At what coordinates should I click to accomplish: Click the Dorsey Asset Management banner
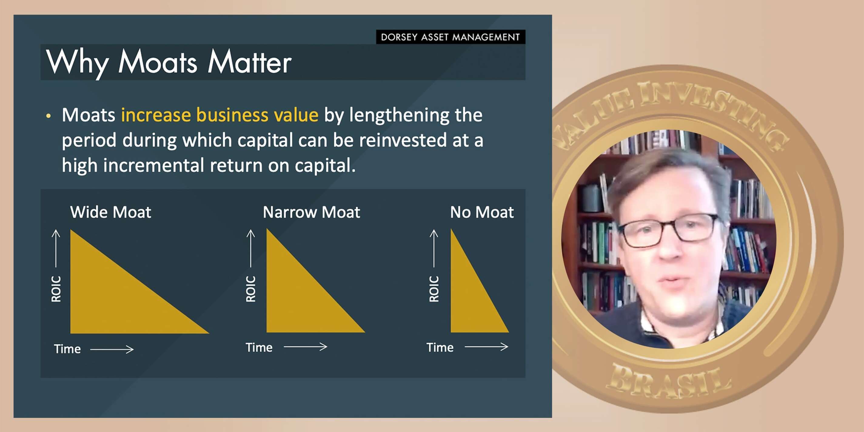(x=450, y=37)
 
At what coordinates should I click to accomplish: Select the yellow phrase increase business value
(x=220, y=115)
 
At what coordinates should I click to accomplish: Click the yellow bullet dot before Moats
(x=49, y=116)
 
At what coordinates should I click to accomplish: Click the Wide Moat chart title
(x=111, y=212)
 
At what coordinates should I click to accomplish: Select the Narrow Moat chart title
(x=312, y=212)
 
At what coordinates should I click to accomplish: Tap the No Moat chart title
(x=482, y=212)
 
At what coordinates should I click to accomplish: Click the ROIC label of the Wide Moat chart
(x=56, y=289)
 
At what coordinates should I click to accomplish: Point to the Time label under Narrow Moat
(x=259, y=347)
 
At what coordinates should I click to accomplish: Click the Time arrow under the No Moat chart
(x=486, y=347)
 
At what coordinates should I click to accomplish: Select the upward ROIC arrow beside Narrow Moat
(x=250, y=249)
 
